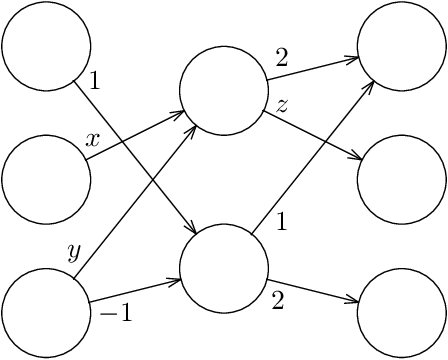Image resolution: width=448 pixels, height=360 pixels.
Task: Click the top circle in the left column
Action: [46, 47]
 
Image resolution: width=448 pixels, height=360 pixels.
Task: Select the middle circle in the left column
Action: [46, 180]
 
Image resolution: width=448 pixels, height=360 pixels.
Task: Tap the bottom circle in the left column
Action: [46, 313]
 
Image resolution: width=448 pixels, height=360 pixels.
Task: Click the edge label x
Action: [93, 141]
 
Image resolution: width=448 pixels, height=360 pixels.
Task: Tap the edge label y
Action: [73, 251]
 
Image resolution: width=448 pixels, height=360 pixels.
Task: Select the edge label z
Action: [283, 105]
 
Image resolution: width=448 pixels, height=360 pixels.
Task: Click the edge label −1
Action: [116, 314]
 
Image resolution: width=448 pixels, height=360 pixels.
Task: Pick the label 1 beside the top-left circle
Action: [94, 81]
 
